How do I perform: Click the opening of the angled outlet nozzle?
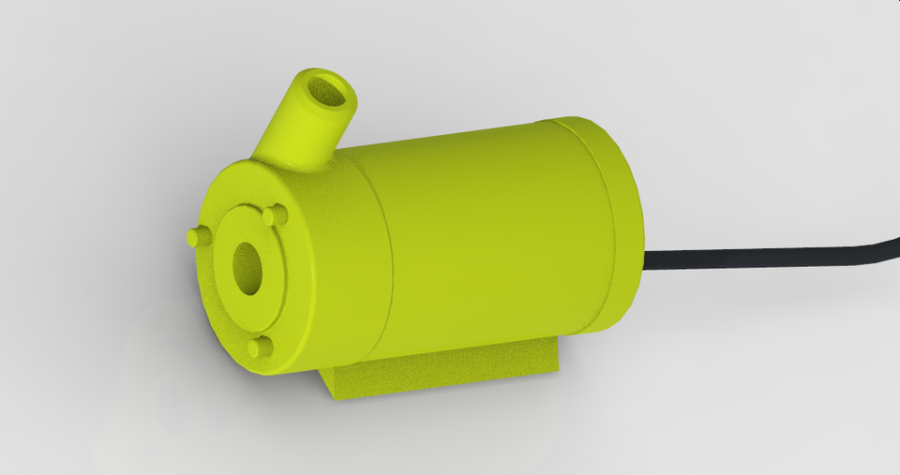click(x=328, y=91)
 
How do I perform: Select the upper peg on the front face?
click(x=274, y=215)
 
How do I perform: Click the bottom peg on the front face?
click(x=259, y=348)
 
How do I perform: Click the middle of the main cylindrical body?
click(x=487, y=234)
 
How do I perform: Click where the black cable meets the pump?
click(x=647, y=261)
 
